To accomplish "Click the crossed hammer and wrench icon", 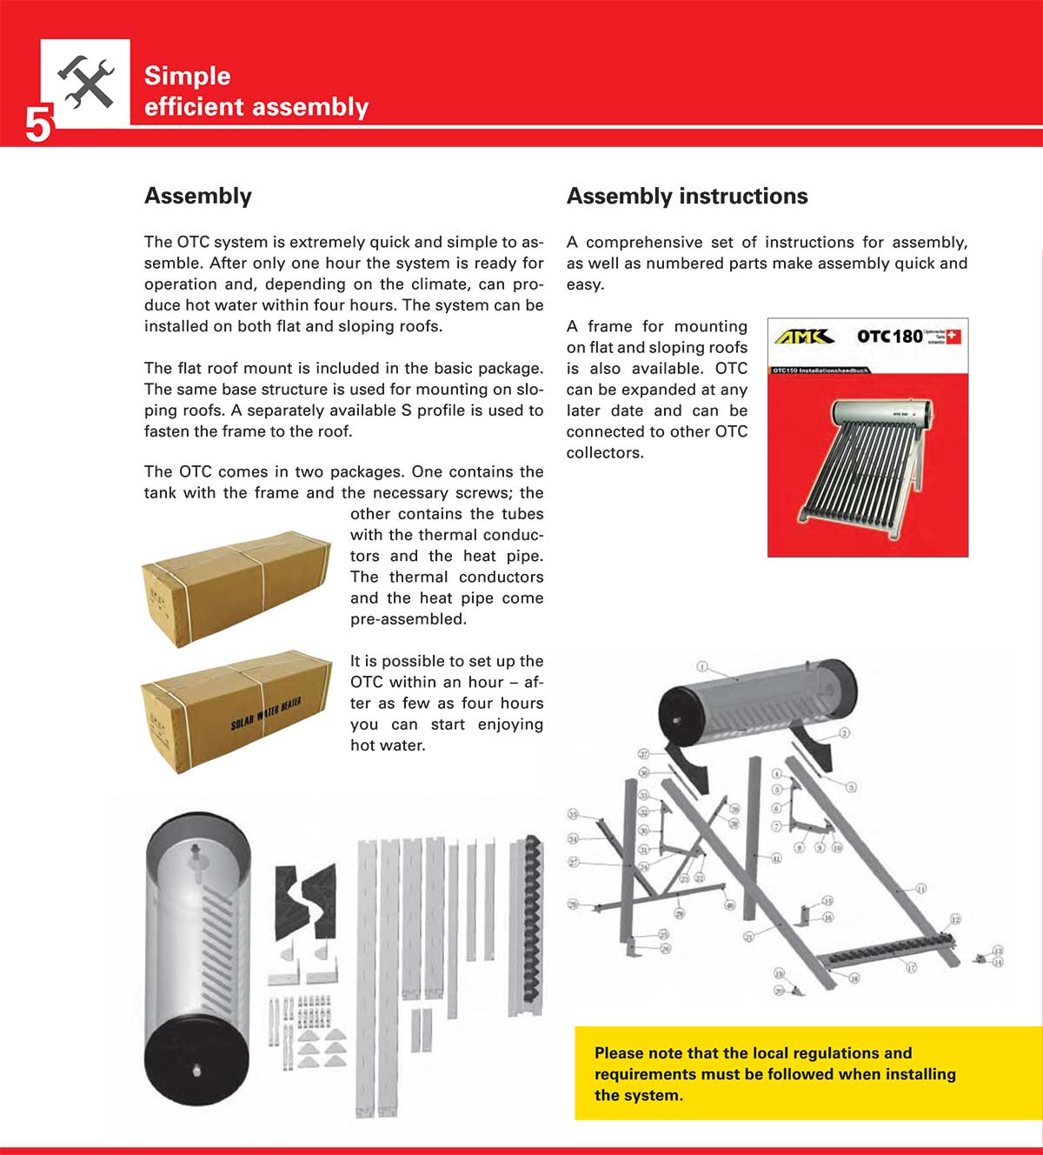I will coord(86,83).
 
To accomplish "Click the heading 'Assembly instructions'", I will coord(687,197).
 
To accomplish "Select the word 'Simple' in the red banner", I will coord(187,76).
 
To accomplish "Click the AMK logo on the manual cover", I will coord(804,337).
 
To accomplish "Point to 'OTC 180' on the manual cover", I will coord(889,337).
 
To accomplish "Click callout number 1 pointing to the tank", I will coord(702,667).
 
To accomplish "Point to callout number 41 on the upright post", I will coord(776,858).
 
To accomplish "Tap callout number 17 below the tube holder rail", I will coord(911,967).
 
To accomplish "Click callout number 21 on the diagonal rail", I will coord(748,937).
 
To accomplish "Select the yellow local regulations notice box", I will coord(807,1073).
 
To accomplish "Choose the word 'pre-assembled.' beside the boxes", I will coord(409,619).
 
